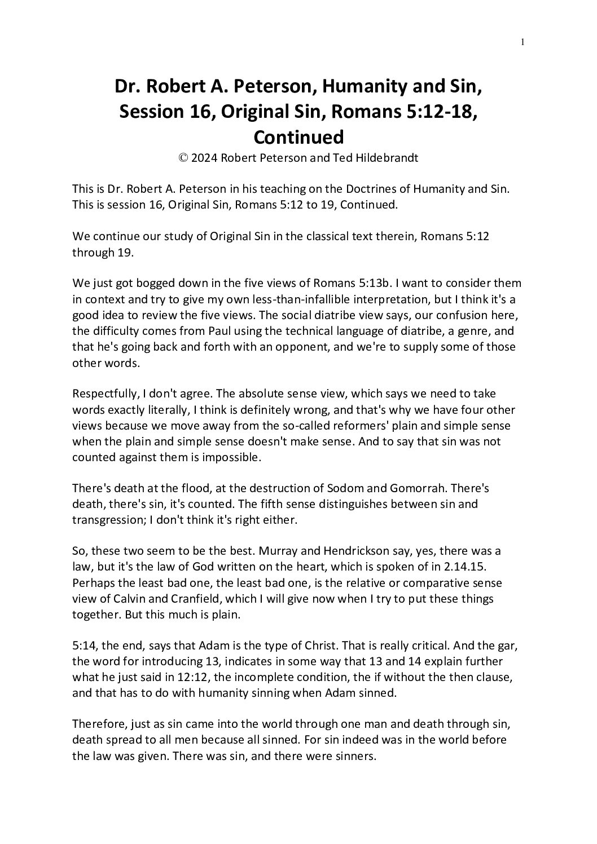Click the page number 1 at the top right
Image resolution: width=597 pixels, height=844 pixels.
click(523, 41)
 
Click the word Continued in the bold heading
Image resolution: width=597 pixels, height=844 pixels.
click(298, 137)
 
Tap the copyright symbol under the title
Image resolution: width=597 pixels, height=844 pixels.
click(183, 158)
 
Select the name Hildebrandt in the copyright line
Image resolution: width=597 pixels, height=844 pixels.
click(388, 158)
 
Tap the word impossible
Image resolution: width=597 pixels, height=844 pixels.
click(232, 457)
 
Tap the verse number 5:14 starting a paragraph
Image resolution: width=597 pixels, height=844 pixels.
click(84, 645)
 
